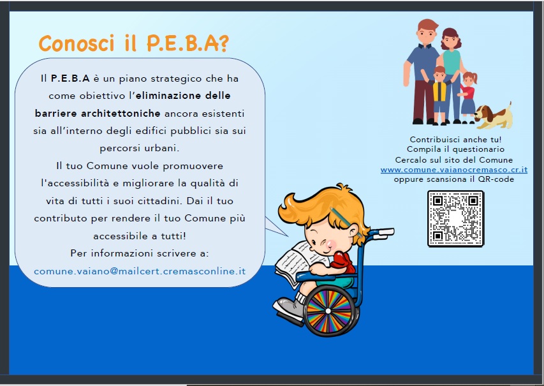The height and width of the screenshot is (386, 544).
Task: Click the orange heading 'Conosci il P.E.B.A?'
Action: tap(134, 43)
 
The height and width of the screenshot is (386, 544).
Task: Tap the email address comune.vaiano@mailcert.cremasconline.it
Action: tap(140, 271)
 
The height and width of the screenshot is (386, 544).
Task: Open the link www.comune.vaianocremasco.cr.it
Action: tap(454, 170)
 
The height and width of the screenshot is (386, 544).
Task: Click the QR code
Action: tap(455, 219)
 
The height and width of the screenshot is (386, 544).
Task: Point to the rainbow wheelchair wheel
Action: tap(328, 311)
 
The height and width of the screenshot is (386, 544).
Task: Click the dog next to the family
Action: tap(493, 115)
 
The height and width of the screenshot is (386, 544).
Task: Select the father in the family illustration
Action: tap(423, 71)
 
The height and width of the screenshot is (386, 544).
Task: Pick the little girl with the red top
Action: tap(467, 98)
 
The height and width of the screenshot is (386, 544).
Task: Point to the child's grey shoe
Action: tap(289, 309)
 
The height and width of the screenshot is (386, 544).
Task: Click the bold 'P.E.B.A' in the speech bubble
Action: tap(70, 78)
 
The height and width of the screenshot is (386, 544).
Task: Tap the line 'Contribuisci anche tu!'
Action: tap(455, 140)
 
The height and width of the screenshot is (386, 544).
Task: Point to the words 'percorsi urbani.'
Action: tap(140, 148)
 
